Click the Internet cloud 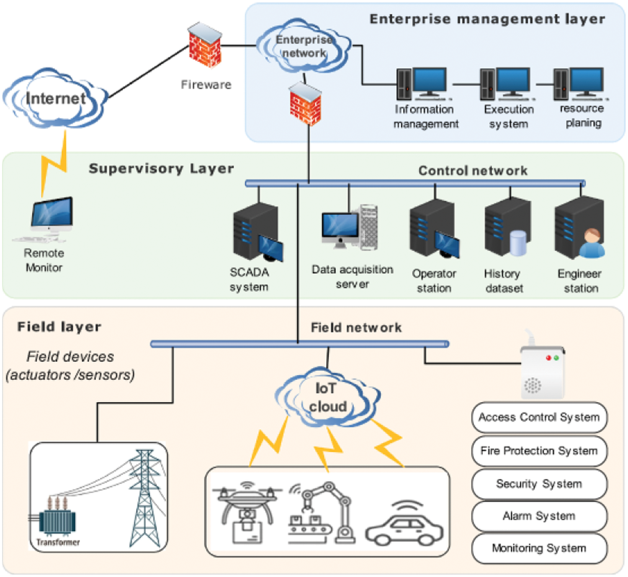click(55, 99)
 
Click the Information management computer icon click(422, 84)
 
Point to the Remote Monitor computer click(51, 218)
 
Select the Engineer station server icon click(580, 228)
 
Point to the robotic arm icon click(322, 513)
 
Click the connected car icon click(404, 525)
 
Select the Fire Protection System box click(539, 451)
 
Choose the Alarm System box click(539, 516)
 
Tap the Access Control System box click(539, 417)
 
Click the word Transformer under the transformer click(58, 542)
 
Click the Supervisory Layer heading click(161, 169)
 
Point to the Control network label click(473, 171)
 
